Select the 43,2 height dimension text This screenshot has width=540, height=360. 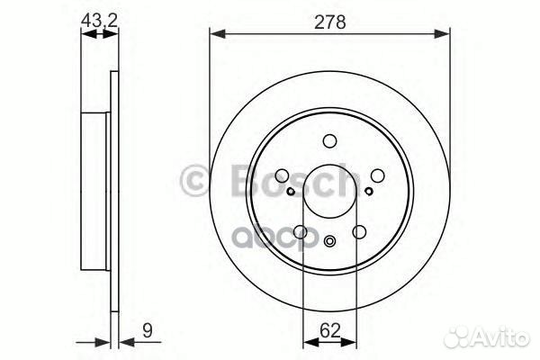[98, 17]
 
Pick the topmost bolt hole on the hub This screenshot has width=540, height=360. [329, 140]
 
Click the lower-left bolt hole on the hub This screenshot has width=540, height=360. [301, 231]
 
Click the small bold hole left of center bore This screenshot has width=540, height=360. [290, 191]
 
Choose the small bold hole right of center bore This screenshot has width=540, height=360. [369, 191]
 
